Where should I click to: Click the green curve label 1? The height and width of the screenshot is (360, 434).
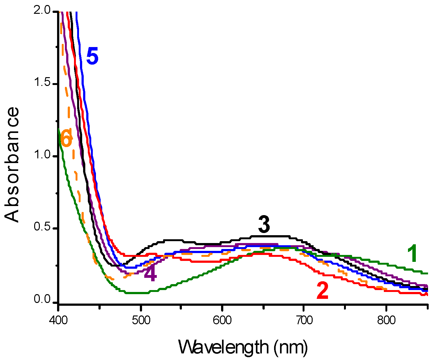coord(412,254)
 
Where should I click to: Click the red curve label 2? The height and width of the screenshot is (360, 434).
coord(323,291)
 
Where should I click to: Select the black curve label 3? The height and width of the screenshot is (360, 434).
coord(264,225)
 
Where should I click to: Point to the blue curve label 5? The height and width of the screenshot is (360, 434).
coord(93,56)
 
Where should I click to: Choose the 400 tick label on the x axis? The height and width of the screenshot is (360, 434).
coord(59,320)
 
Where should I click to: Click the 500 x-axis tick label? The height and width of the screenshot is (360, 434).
coord(140,320)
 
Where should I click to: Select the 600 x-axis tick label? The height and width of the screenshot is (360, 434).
coord(222,320)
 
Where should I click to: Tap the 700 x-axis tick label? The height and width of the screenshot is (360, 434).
coord(304,320)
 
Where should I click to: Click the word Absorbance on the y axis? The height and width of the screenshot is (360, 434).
coord(13,165)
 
